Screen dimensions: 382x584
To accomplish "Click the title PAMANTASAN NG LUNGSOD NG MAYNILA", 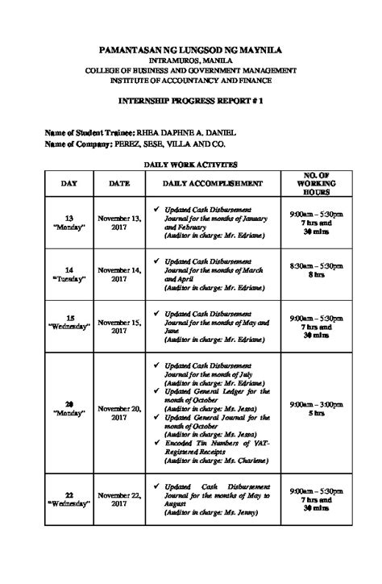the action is click(190, 50).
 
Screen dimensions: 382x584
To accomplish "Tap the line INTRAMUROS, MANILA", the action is click(190, 60).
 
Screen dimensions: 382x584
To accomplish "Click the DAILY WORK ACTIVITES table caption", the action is click(191, 164).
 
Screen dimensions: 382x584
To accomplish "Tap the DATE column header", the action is click(119, 184).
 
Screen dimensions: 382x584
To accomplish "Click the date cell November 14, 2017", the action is click(119, 274).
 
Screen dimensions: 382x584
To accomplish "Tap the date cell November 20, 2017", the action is click(119, 413).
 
